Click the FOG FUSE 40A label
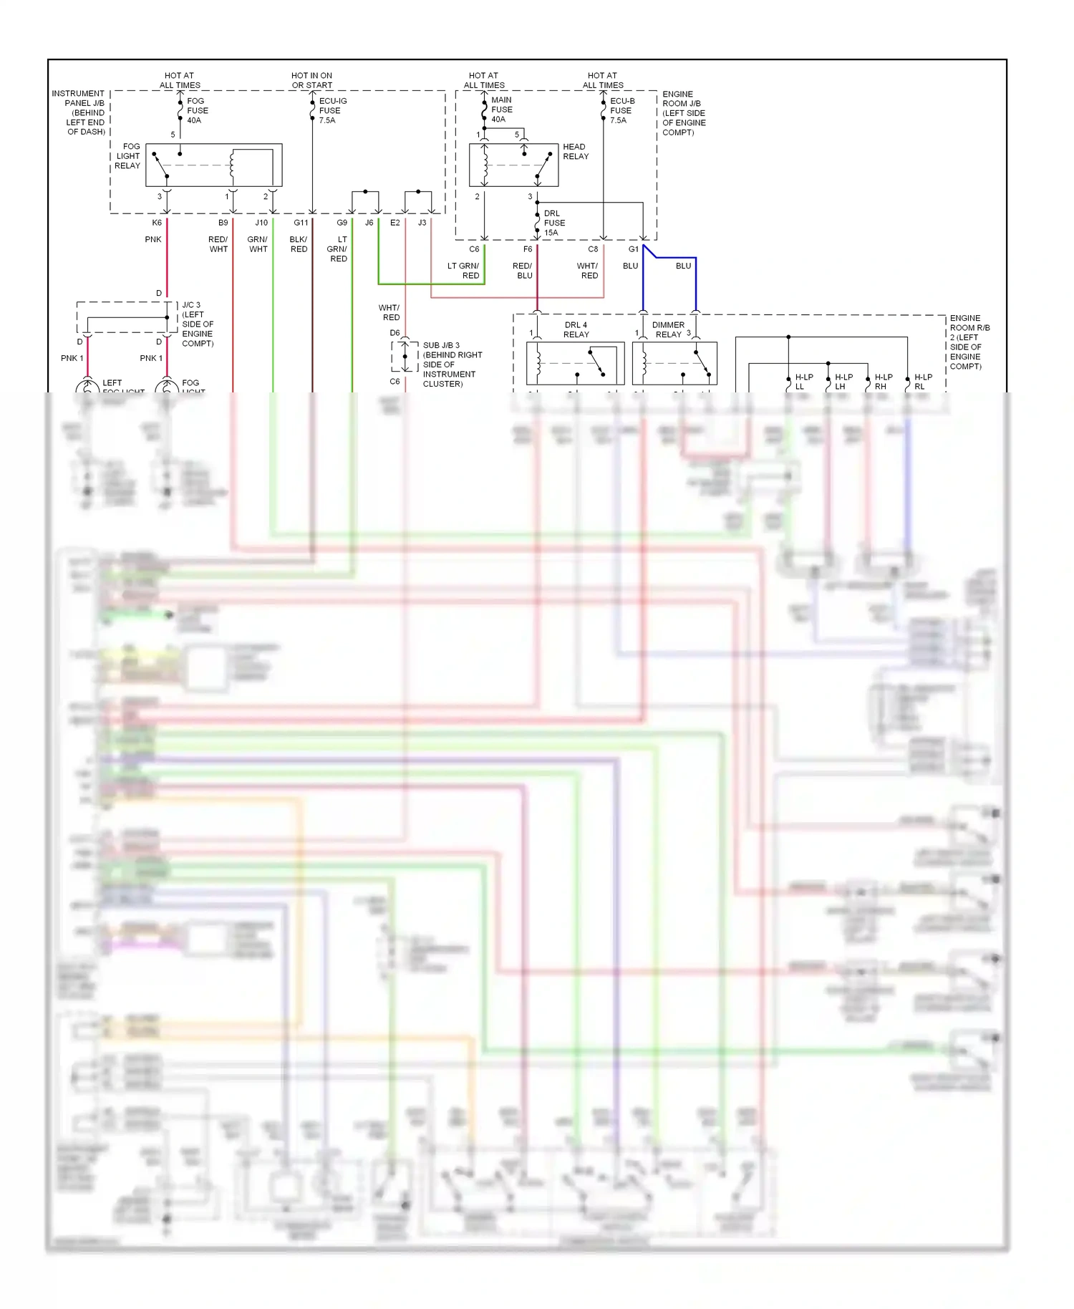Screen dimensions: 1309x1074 197,110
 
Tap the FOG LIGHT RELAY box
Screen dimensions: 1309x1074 213,165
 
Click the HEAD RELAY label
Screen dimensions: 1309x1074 575,151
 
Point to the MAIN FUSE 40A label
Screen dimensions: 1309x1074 501,110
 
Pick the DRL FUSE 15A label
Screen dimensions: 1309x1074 553,223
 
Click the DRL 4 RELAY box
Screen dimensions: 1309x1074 575,363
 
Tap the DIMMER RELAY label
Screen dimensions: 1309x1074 667,329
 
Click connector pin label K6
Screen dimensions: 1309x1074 157,223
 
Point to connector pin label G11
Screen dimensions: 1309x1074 301,223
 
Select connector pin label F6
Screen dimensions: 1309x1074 528,249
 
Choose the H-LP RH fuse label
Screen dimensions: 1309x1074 883,382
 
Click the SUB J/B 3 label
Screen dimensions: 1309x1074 451,364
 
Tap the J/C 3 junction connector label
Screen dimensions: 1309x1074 197,324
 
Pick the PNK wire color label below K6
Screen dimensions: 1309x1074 153,239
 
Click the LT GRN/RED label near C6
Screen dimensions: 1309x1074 463,271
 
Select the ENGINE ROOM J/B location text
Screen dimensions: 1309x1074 683,113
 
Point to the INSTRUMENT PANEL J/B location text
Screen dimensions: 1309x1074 79,112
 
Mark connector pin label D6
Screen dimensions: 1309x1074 395,333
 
